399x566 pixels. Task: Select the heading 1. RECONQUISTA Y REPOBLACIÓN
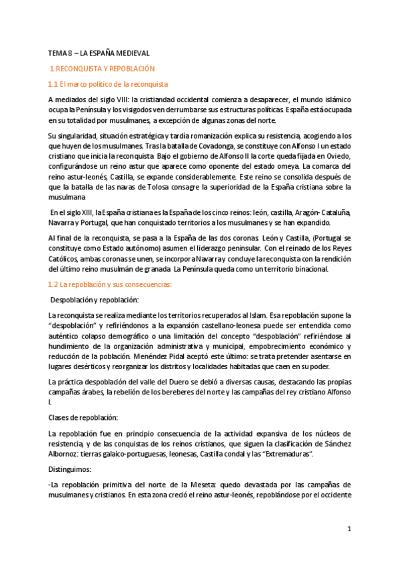103,68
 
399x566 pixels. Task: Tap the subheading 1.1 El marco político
109,84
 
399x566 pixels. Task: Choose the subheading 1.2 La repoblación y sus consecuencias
109,284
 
